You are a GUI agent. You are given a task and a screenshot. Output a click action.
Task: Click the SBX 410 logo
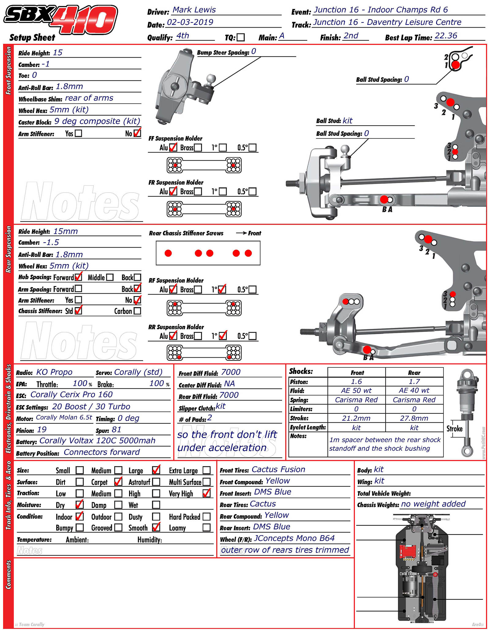[60, 20]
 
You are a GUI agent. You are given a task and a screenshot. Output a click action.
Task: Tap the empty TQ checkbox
[241, 37]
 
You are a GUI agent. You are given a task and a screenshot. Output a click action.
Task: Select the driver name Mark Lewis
[194, 10]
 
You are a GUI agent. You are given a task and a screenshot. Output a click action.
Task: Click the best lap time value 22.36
[446, 36]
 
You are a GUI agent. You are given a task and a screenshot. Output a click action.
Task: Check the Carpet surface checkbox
[118, 482]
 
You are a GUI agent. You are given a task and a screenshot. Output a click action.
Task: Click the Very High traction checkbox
[207, 493]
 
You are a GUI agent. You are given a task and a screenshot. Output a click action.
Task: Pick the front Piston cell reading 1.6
[356, 382]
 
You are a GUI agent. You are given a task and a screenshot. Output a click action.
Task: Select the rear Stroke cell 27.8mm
[414, 418]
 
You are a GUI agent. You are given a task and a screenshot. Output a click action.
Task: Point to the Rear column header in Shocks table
[414, 373]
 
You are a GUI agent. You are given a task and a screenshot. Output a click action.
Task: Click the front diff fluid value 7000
[231, 372]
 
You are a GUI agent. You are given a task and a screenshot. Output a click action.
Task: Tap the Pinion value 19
[42, 430]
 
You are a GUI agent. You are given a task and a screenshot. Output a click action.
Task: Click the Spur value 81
[116, 430]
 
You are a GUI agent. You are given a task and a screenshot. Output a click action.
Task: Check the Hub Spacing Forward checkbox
[78, 277]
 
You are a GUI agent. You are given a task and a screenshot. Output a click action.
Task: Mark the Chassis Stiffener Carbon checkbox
[137, 311]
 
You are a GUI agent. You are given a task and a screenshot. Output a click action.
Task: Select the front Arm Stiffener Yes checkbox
[78, 133]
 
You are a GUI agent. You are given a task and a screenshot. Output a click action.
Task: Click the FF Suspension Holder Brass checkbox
[198, 148]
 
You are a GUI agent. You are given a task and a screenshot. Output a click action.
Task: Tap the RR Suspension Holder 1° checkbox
[223, 336]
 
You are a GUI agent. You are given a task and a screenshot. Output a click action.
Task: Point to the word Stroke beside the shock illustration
[454, 428]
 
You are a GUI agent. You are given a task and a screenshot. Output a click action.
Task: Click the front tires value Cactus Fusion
[278, 469]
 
